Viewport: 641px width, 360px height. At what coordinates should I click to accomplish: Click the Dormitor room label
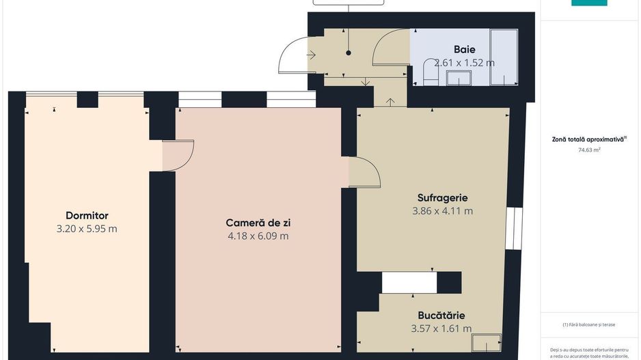(87, 215)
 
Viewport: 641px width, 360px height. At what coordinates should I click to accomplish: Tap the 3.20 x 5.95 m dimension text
(87, 229)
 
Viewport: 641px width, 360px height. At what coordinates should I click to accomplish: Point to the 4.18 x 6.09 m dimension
(258, 236)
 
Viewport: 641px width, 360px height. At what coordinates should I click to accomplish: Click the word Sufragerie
(442, 198)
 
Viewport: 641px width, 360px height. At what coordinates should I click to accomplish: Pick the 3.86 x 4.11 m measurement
(442, 211)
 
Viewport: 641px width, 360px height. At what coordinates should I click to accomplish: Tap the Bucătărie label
(441, 316)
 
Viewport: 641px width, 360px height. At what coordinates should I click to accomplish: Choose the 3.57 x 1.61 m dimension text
(441, 329)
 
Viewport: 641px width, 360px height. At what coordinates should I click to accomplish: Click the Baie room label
(465, 49)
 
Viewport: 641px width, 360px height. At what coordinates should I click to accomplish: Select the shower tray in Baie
(504, 57)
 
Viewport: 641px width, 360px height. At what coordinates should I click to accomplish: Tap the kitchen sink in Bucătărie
(487, 341)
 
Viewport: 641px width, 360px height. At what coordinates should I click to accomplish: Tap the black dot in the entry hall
(349, 53)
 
